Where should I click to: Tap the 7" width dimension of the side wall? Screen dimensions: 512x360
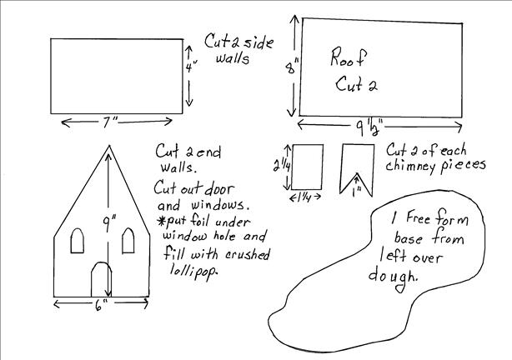(110, 122)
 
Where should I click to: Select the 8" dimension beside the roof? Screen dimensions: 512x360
(292, 67)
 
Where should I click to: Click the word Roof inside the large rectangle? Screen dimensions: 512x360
(348, 57)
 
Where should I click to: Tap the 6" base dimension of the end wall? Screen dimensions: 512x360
(102, 305)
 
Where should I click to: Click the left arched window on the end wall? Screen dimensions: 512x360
(78, 241)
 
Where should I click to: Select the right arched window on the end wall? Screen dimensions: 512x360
(128, 241)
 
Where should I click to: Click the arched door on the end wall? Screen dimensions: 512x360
(101, 279)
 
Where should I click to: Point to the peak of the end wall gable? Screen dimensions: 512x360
(108, 146)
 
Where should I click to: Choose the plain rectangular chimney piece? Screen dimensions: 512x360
(307, 167)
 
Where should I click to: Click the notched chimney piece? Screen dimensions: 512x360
(358, 170)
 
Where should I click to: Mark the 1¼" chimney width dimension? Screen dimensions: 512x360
(306, 197)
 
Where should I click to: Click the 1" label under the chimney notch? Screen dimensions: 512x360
(357, 192)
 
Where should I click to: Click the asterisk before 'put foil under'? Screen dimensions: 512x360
(161, 222)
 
